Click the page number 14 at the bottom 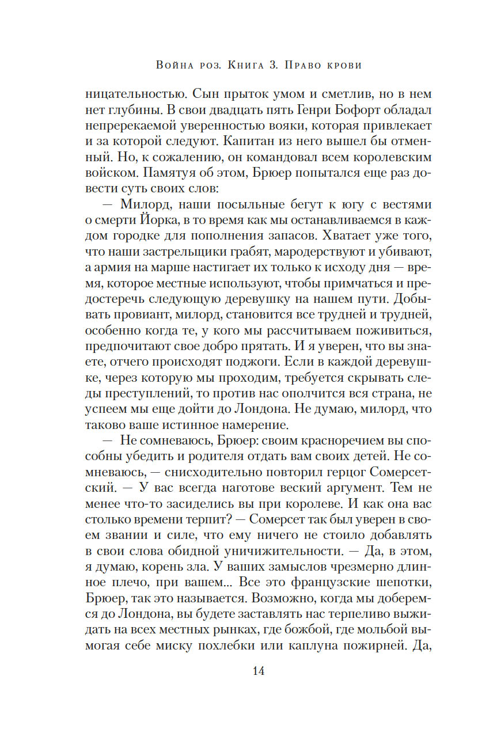click(x=246, y=671)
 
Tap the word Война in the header click(x=173, y=65)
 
